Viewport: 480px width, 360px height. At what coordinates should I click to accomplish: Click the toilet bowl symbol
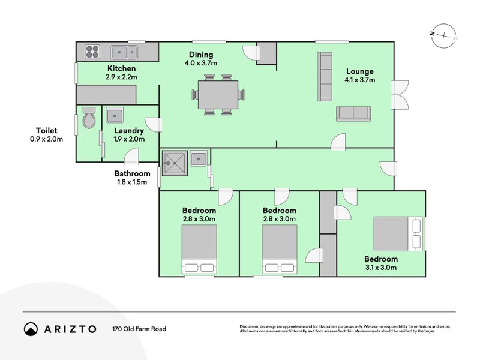(x=89, y=118)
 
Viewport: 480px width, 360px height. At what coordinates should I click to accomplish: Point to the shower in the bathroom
(x=175, y=161)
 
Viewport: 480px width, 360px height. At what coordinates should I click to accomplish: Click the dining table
(x=218, y=94)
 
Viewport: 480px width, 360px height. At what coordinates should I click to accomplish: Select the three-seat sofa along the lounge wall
(x=325, y=76)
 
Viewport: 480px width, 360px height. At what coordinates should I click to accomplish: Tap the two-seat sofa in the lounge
(x=353, y=113)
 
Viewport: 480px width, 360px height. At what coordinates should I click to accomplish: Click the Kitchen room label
(x=122, y=68)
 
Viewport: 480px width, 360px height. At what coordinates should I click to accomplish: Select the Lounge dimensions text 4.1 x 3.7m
(x=359, y=79)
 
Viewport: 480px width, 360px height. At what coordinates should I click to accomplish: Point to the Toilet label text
(x=46, y=130)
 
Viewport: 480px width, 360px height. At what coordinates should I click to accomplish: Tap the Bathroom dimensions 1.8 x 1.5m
(x=132, y=182)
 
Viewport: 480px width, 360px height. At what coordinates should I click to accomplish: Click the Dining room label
(x=201, y=54)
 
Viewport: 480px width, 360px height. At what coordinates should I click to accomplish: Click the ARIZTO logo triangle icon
(x=31, y=329)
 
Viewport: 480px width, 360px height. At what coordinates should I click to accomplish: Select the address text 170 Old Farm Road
(x=139, y=329)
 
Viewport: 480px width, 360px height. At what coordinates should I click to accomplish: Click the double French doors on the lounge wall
(x=398, y=95)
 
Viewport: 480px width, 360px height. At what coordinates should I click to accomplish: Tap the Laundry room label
(x=129, y=130)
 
